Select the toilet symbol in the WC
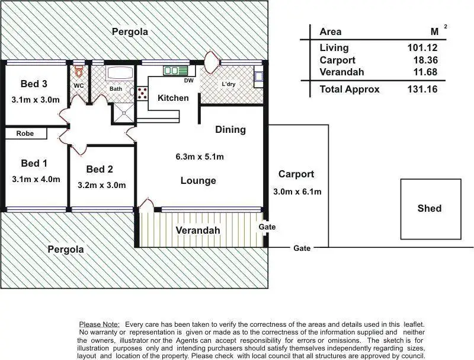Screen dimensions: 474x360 [x=79, y=72]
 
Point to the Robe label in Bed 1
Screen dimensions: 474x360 [x=25, y=134]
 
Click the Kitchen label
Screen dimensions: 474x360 [x=173, y=98]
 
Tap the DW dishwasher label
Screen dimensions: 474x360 [x=189, y=81]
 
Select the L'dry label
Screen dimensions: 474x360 [x=228, y=84]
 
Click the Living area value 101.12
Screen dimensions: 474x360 [x=423, y=48]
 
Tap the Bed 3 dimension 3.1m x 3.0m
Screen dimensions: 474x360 [x=36, y=100]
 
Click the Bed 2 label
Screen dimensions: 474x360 [x=100, y=169]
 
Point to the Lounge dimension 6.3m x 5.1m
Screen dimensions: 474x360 [x=199, y=157]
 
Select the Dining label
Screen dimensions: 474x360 [x=230, y=129]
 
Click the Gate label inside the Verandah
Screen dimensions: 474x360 [x=267, y=227]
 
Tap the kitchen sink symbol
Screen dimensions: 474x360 [x=171, y=71]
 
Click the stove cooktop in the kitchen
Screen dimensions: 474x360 [x=142, y=93]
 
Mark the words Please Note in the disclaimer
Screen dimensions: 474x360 [x=99, y=325]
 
